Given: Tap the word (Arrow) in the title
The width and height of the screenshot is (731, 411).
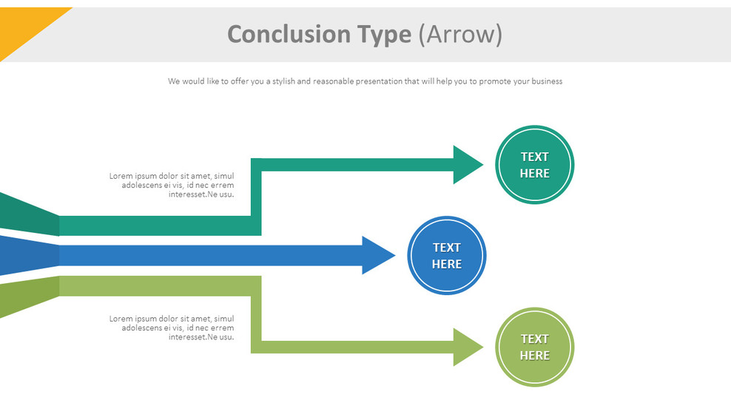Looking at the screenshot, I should point(460,35).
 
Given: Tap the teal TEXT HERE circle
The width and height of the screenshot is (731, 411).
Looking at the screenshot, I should point(534,164).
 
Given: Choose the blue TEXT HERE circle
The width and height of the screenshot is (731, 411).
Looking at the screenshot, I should point(447,256).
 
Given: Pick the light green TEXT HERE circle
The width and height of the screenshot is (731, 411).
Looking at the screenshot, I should point(534,347).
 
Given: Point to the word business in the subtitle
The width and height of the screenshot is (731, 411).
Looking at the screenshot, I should point(546,81).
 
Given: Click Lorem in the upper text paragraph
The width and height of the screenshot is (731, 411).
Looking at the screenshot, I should point(121,176).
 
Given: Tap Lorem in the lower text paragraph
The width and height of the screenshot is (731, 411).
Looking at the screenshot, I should point(121,319).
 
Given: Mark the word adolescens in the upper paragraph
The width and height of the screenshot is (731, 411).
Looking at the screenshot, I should point(142,185).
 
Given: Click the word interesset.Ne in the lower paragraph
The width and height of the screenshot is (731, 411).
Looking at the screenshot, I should point(193,337).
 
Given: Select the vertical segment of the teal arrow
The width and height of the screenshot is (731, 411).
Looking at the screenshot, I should point(256,196).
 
